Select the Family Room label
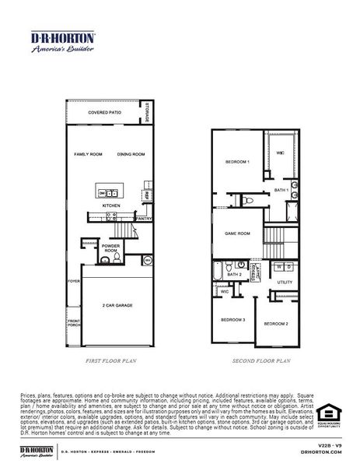[88, 154]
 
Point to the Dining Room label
[131, 154]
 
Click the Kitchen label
[112, 206]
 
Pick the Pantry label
[145, 219]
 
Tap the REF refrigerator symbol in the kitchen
[146, 195]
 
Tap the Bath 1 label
[281, 190]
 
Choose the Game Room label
[237, 233]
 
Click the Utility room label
[285, 282]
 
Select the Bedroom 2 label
[275, 323]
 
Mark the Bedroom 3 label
[232, 319]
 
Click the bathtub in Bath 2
[218, 272]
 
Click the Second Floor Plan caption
[261, 361]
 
